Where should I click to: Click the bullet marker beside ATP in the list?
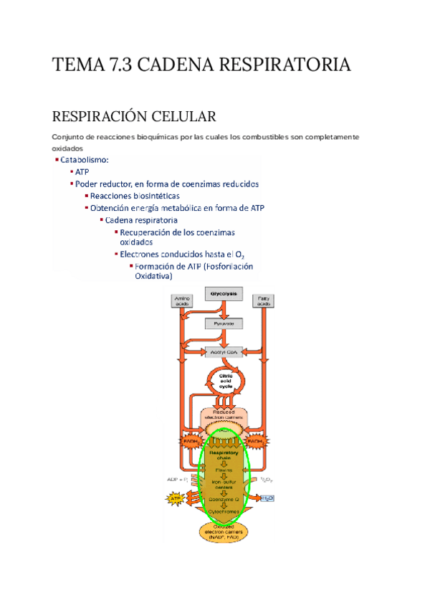(x=71, y=172)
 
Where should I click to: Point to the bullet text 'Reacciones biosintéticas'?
(x=135, y=196)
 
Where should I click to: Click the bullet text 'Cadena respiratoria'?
(x=141, y=220)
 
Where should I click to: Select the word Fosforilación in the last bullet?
(x=229, y=267)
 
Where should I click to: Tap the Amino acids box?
(x=182, y=301)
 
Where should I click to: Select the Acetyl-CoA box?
(x=224, y=352)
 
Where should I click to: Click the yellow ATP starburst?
(x=175, y=497)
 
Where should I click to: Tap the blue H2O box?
(x=267, y=498)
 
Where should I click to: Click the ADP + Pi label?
(x=177, y=479)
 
